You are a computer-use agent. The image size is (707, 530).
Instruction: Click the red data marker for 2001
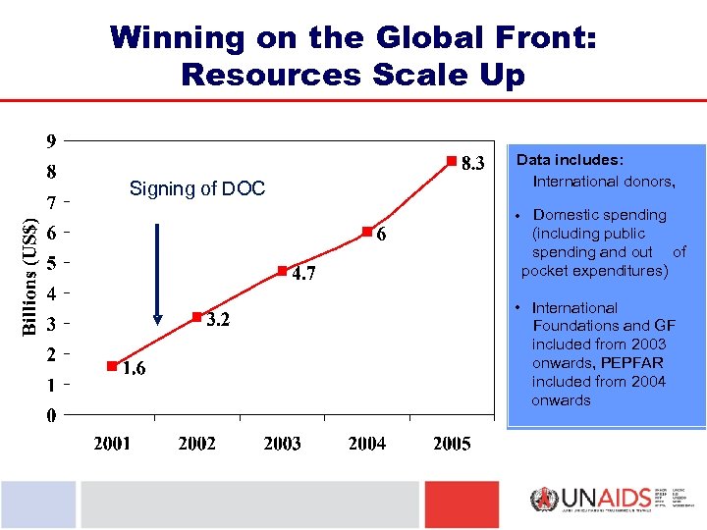(x=112, y=365)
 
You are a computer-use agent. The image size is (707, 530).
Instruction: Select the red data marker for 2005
(x=451, y=160)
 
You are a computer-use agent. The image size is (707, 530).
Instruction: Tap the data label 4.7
(x=303, y=274)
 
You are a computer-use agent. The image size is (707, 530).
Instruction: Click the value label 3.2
(x=218, y=321)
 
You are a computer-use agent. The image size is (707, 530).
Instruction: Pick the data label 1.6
(x=134, y=369)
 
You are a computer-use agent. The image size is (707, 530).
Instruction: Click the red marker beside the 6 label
(x=365, y=232)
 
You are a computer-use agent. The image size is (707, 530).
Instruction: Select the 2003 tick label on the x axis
(x=282, y=444)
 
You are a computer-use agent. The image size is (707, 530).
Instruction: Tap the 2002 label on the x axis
(x=196, y=444)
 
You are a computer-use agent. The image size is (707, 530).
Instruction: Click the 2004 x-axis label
(x=366, y=444)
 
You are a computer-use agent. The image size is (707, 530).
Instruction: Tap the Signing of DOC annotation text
(x=197, y=188)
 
